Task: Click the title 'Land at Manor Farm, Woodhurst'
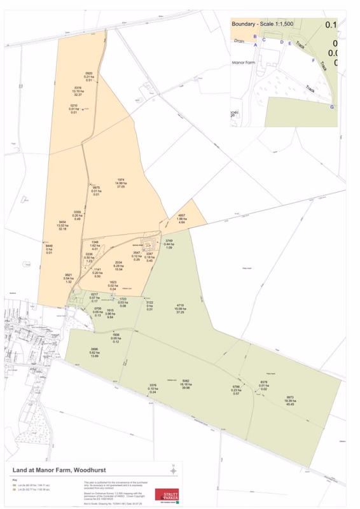54,471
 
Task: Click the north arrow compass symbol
173,470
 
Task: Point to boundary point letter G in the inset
331,107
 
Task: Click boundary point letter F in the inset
313,61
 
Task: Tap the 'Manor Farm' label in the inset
244,63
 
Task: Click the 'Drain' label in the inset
239,40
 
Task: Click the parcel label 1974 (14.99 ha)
120,183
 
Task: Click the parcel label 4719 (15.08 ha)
180,309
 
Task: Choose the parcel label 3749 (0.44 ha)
169,244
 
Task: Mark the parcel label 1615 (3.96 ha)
109,313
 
